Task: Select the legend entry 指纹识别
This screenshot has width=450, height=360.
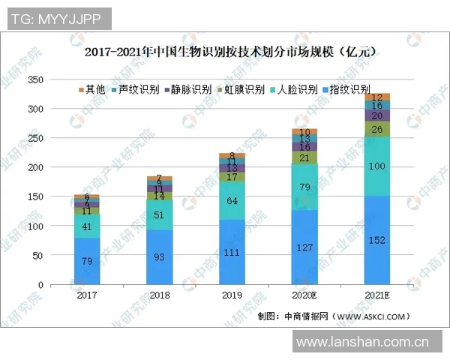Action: tap(349, 89)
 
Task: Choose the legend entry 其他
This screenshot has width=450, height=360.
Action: tap(91, 89)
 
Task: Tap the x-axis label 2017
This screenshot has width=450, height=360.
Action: tap(86, 296)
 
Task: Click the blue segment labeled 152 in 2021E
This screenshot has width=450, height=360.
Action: tap(376, 240)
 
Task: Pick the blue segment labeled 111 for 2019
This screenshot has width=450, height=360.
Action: tap(231, 252)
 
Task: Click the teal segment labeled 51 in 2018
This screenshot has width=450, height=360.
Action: tap(159, 214)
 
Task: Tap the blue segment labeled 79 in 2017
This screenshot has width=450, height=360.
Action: tap(87, 261)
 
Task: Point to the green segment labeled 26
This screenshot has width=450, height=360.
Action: tap(376, 129)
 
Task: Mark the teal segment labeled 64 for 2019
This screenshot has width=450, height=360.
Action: tap(231, 201)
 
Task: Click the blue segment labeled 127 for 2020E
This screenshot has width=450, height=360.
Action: tap(304, 247)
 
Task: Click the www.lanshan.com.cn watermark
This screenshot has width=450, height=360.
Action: tap(362, 344)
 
